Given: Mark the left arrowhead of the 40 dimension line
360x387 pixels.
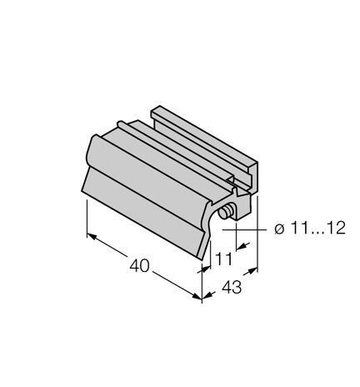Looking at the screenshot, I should (x=91, y=236).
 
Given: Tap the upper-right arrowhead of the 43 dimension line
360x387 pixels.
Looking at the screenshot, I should (x=252, y=269).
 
